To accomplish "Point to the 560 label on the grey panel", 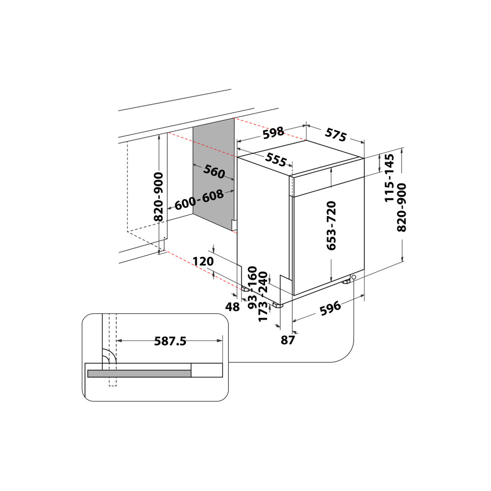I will (x=214, y=172).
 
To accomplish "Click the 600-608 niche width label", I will (x=199, y=200).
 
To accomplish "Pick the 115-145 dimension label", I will (x=390, y=178).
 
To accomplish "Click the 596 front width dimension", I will (x=330, y=308).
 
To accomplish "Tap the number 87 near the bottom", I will (x=287, y=339).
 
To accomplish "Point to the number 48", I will (x=232, y=307).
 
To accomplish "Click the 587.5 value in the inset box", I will (x=170, y=341).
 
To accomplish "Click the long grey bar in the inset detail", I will (x=139, y=374).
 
